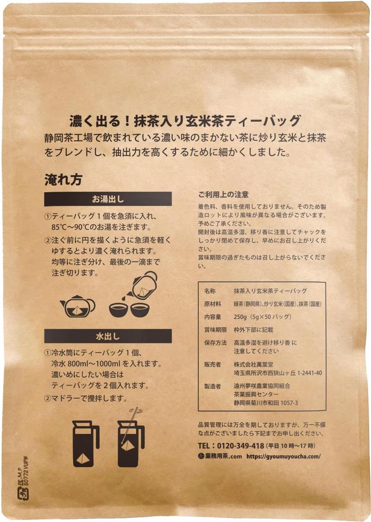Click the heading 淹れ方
tap(64, 179)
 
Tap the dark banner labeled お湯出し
tap(108, 199)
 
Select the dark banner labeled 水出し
tap(108, 336)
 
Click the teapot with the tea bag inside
tap(77, 306)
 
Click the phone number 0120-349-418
tap(237, 446)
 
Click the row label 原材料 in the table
tap(212, 304)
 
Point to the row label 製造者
tap(212, 386)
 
